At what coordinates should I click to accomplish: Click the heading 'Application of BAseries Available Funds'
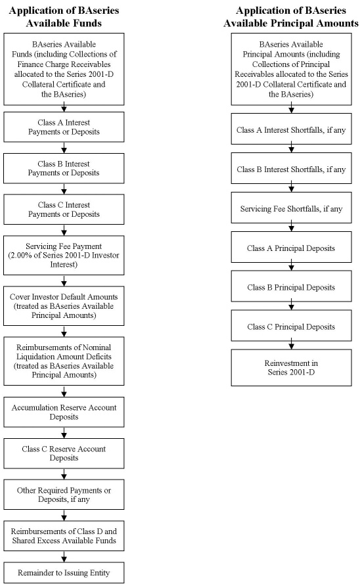(x=64, y=17)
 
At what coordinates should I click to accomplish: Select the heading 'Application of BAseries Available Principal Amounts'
(x=291, y=17)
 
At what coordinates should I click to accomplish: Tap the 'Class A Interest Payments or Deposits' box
(x=64, y=127)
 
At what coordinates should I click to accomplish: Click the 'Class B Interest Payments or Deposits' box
(x=64, y=168)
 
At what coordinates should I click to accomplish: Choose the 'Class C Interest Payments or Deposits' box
(x=64, y=210)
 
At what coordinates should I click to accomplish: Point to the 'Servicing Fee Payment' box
(x=64, y=256)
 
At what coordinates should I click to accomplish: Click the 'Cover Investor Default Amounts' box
(x=64, y=305)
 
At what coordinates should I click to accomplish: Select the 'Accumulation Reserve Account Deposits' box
(x=64, y=412)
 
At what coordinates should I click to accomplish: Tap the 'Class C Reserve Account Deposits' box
(x=64, y=453)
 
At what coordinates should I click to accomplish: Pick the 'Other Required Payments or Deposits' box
(x=64, y=495)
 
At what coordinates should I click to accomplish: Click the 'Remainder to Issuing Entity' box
(x=64, y=573)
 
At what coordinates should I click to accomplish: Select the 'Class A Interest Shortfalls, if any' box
(x=291, y=129)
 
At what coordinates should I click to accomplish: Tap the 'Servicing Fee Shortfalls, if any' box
(x=291, y=208)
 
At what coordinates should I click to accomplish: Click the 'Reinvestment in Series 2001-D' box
(x=291, y=367)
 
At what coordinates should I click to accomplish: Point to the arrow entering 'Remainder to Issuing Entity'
(x=64, y=556)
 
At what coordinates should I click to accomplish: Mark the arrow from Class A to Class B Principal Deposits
(x=291, y=267)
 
